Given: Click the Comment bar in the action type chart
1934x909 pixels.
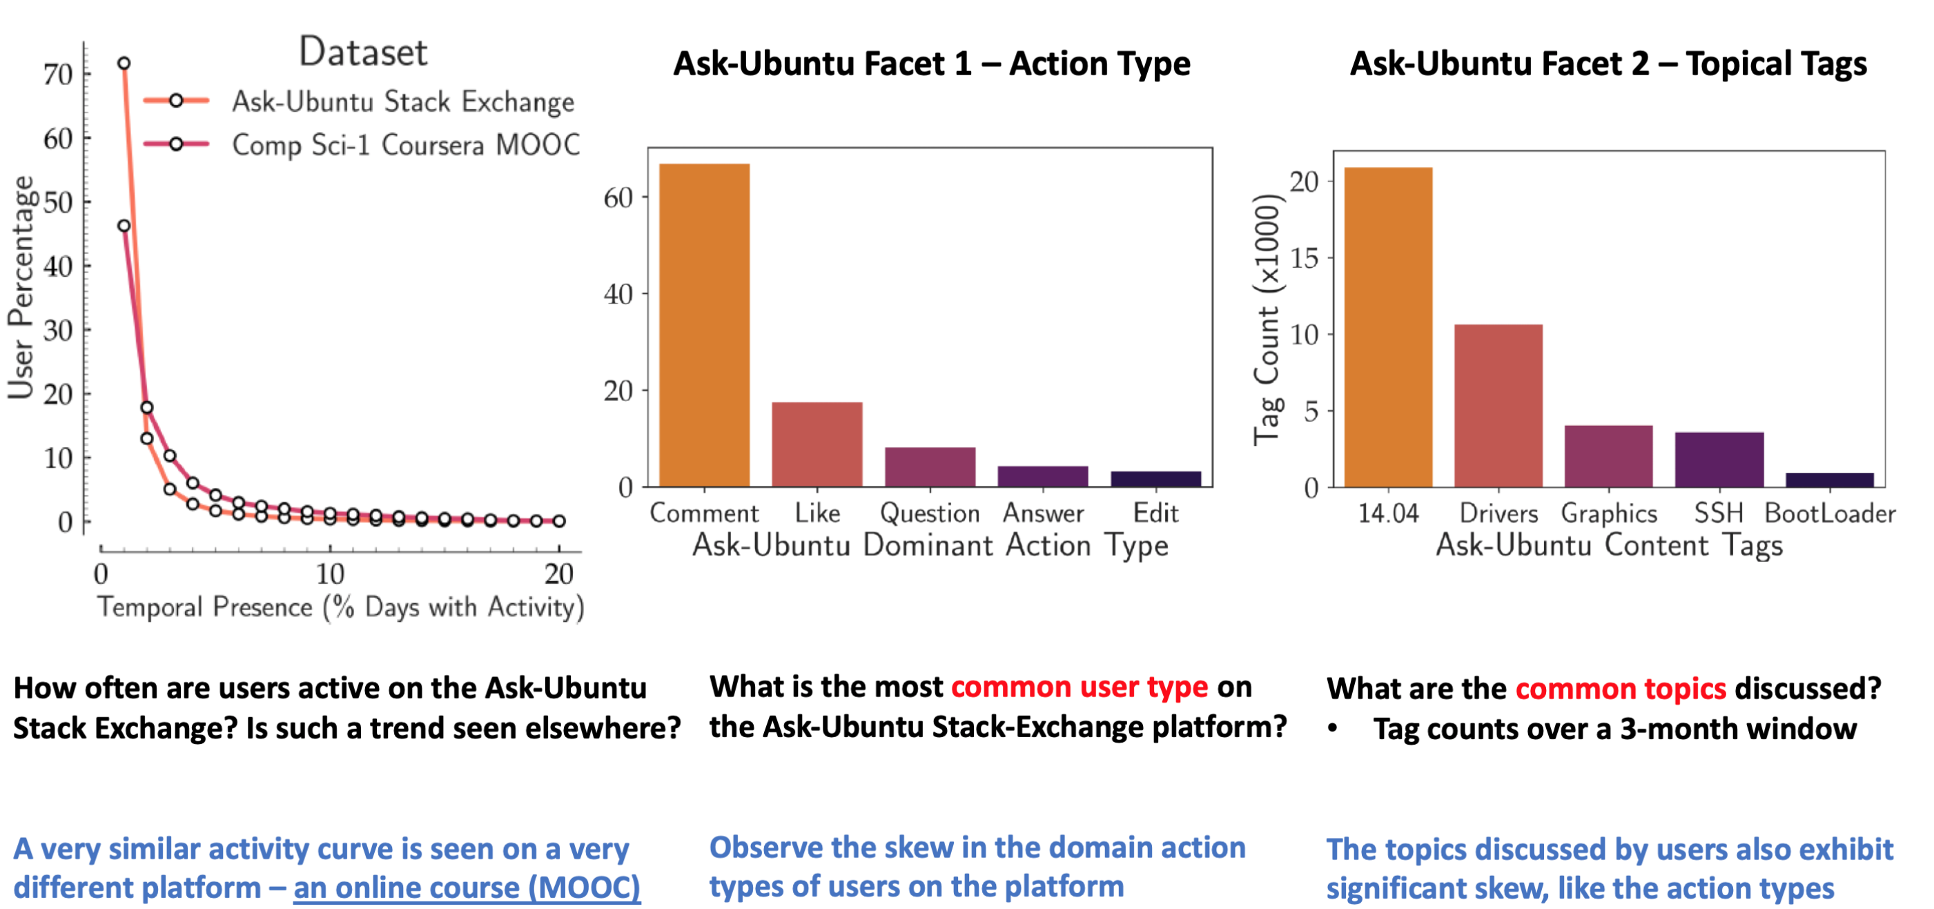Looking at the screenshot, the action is (x=704, y=325).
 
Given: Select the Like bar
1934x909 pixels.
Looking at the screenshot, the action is (x=817, y=444).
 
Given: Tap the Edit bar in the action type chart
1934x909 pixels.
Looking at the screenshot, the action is (x=1155, y=479).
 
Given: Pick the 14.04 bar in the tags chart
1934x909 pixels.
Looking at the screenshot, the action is (x=1388, y=327).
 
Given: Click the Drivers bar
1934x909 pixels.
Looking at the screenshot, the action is (x=1498, y=406).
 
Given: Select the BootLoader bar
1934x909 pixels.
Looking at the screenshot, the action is (x=1830, y=480).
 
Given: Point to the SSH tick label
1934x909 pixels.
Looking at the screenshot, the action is (x=1719, y=514).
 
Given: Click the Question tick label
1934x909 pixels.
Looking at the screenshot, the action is (x=930, y=514).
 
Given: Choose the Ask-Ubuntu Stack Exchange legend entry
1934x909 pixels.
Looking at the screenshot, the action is (x=359, y=101).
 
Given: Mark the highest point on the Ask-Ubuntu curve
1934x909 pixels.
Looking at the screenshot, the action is (x=124, y=63).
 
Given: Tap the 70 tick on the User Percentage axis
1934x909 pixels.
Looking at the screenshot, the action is (x=58, y=75).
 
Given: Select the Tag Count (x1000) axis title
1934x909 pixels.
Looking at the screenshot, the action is (x=1267, y=320).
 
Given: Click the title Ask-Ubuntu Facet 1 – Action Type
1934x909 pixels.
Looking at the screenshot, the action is (x=932, y=63).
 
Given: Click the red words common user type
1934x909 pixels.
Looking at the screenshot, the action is (x=1080, y=687).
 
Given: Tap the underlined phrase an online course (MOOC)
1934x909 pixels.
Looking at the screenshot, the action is (x=467, y=888).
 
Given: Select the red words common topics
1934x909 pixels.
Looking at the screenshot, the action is (x=1621, y=689).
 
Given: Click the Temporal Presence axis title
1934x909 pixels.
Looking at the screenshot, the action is (x=341, y=607).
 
